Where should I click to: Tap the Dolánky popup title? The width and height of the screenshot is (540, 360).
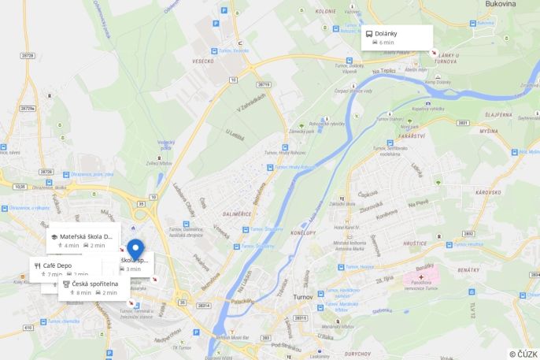[x=386, y=34]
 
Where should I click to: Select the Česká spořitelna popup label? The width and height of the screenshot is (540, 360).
[x=94, y=284]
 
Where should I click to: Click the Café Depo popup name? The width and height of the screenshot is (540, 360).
[x=57, y=265]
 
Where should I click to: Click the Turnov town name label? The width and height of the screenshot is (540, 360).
[x=304, y=296]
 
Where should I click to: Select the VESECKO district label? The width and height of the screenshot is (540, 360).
[x=203, y=61]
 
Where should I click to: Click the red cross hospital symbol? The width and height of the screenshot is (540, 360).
[x=422, y=277]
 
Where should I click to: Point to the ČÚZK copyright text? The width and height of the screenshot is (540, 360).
[x=523, y=354]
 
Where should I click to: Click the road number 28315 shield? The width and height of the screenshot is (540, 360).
[x=300, y=318]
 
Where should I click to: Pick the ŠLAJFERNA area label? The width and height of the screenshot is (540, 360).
[x=498, y=114]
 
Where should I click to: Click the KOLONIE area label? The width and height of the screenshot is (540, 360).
[x=326, y=12]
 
